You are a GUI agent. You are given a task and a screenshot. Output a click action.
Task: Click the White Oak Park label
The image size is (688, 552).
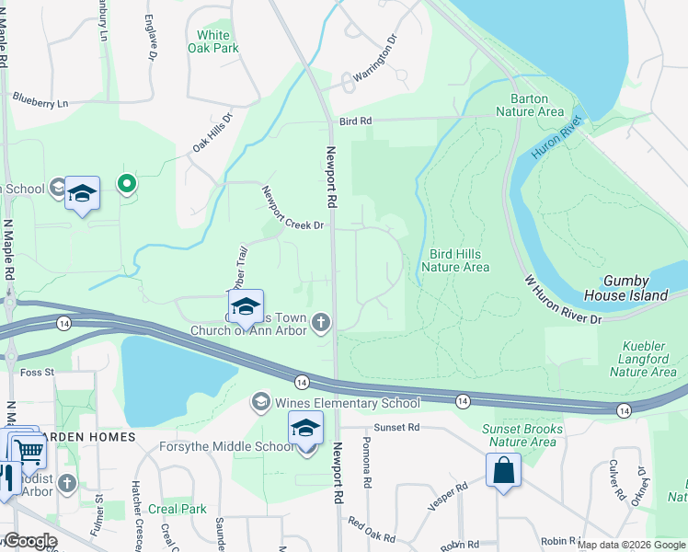(213, 41)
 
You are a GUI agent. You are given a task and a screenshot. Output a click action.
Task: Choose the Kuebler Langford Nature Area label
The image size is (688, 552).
(643, 359)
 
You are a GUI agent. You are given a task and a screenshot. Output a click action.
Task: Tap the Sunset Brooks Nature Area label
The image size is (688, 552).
(522, 435)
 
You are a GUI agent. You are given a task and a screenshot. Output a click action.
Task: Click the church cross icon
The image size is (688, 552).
(320, 321)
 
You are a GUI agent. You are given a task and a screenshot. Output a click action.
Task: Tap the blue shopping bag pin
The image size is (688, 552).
(504, 470)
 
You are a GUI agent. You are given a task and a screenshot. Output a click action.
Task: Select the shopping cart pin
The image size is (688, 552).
(29, 451)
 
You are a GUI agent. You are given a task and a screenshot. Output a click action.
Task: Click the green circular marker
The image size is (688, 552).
(127, 185)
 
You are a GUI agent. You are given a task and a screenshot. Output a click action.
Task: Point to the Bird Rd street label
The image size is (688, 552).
(354, 121)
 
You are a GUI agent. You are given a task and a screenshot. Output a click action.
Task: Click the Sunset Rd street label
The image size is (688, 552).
(396, 428)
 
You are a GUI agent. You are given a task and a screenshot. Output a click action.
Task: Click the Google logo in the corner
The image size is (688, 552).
(29, 541)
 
